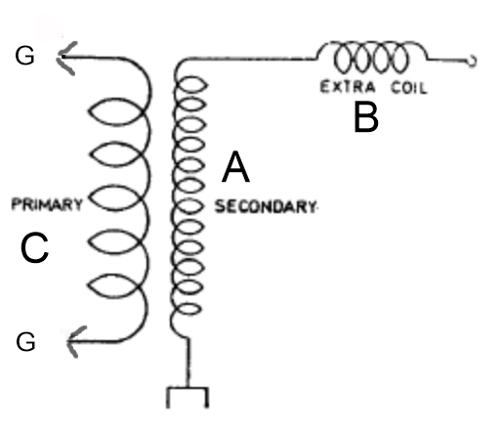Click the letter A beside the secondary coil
coord(235,167)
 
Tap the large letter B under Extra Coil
coord(366,117)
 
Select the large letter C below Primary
coord(34,247)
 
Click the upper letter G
coord(24,56)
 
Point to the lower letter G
coord(25,342)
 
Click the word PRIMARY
coord(47,204)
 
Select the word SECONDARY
coord(266,206)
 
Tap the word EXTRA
coord(348,87)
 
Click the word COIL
coord(409,88)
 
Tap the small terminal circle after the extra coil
coord(472,61)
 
